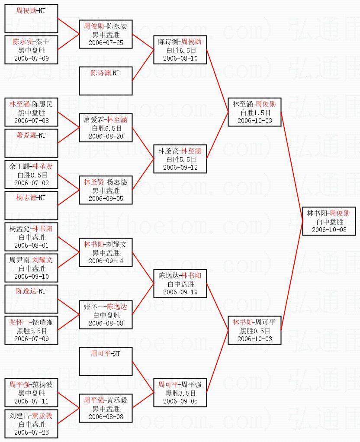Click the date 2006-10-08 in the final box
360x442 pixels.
[329, 230]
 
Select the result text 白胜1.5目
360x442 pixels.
[255, 113]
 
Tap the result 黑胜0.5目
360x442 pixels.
[255, 331]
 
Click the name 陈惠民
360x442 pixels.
[42, 104]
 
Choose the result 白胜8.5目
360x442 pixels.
[32, 175]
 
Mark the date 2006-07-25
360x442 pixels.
[106, 43]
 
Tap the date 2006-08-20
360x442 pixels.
[106, 136]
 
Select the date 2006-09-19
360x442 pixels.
[180, 292]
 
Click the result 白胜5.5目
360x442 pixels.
[180, 159]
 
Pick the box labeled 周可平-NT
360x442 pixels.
[106, 361]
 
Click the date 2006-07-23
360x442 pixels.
[32, 432]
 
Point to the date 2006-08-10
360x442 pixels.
[180, 58]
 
